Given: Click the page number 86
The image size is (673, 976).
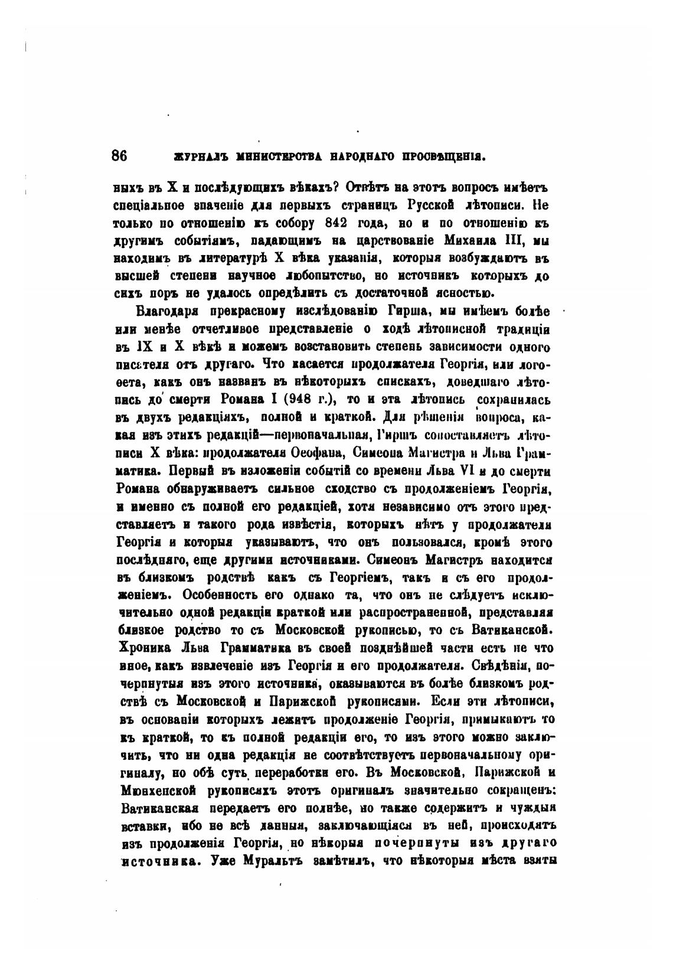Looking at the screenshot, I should pos(120,156).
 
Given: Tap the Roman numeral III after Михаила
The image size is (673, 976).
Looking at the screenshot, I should pos(523,241).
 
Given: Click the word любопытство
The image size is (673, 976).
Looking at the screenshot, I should pos(317,276).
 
